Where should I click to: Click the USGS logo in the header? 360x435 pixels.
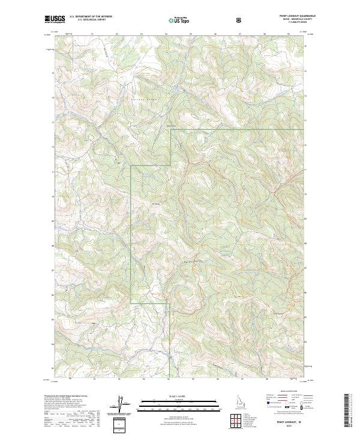pyautogui.click(x=55, y=20)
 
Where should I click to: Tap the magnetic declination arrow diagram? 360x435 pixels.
pyautogui.click(x=127, y=405)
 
